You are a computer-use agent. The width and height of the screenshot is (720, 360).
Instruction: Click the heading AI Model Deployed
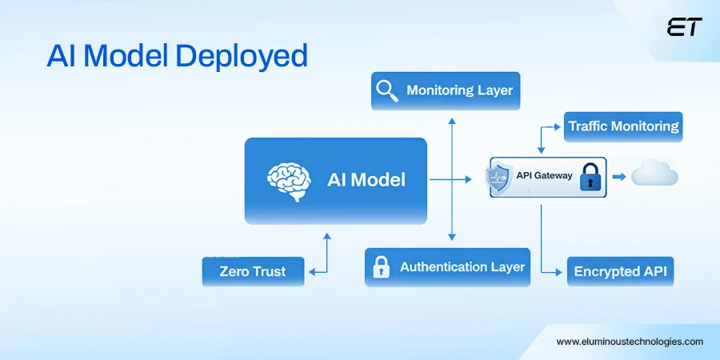coord(177,57)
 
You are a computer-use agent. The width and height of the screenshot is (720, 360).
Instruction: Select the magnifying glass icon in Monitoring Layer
coord(388,90)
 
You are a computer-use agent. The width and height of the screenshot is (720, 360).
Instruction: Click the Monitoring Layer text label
coord(459,90)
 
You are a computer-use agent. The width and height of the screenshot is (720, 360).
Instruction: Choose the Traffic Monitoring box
coord(623,126)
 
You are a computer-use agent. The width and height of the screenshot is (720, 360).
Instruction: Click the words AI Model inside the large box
coord(366,179)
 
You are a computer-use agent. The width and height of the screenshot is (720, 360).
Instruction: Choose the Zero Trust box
coord(253,271)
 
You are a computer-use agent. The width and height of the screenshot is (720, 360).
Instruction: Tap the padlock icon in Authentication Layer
coord(382,266)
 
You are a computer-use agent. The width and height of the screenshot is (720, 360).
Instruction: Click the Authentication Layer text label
coord(462,267)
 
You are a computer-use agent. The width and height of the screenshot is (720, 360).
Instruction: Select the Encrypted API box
coord(620,271)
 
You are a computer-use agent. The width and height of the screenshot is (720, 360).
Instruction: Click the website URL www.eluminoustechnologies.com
coord(630,341)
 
